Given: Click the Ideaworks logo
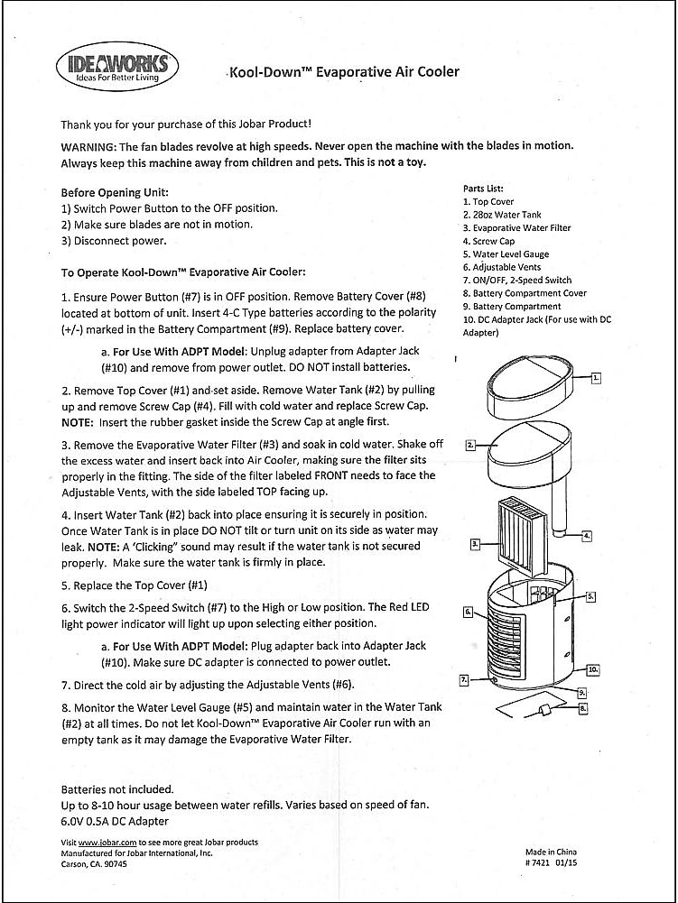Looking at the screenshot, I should (x=117, y=67).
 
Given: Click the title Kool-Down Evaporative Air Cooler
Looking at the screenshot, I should (x=343, y=72).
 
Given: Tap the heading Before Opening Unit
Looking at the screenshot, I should (x=115, y=192).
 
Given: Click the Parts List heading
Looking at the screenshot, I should (x=483, y=189).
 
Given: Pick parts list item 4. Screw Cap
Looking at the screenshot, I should (x=488, y=242).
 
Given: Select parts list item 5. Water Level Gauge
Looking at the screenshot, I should (x=506, y=254).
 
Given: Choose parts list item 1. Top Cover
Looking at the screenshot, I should (x=488, y=202).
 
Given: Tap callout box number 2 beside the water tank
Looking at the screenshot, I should (x=470, y=445).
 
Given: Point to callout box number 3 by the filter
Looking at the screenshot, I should (x=475, y=544).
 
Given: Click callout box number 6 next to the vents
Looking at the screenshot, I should (x=468, y=612).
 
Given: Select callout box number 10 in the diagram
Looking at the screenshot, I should (x=593, y=670).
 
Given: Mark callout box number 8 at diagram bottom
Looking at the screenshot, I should (x=583, y=709).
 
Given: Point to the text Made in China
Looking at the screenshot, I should (x=551, y=852).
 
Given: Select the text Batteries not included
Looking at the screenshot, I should (x=117, y=788).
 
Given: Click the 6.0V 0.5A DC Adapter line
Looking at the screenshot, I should (x=115, y=821).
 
